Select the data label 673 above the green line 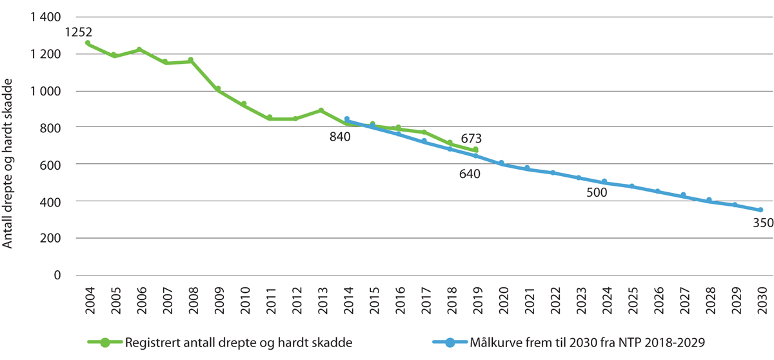coord(472,138)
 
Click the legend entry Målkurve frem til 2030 coord(579,343)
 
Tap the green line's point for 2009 coord(218,89)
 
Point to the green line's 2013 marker coord(321,111)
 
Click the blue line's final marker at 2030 coord(760,210)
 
